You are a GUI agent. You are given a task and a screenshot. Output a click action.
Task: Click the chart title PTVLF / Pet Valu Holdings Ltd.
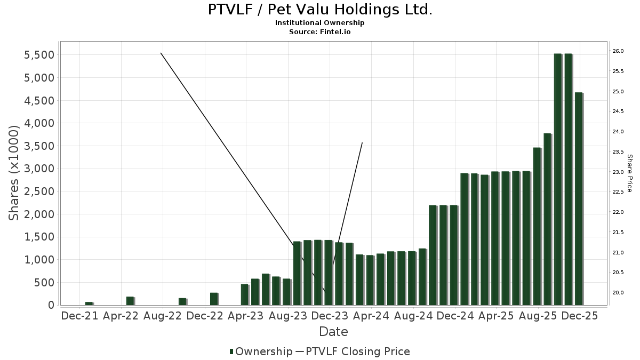click(320, 10)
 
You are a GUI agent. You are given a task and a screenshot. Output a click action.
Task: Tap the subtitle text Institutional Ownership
click(320, 23)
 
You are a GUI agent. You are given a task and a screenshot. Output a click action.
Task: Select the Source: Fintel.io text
click(320, 32)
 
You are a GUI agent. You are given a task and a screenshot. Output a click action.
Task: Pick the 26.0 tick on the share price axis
click(618, 51)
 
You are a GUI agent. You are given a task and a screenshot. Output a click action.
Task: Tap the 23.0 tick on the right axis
click(618, 172)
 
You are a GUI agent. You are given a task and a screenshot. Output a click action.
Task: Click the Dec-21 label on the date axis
click(80, 316)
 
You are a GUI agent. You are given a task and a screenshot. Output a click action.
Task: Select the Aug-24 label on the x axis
click(413, 316)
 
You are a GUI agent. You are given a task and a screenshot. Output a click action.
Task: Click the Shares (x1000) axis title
click(15, 172)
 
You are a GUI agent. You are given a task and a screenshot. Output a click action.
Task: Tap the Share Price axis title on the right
click(629, 173)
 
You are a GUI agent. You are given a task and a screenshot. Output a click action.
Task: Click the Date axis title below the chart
click(333, 332)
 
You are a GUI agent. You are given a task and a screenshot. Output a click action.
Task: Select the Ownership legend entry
click(261, 351)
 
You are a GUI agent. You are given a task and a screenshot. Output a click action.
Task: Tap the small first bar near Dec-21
click(89, 303)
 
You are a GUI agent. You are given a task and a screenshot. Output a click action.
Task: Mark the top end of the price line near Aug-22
click(161, 53)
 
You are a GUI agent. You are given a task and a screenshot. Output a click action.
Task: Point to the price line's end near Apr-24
click(362, 143)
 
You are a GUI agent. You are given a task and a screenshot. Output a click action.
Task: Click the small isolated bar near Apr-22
click(130, 301)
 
